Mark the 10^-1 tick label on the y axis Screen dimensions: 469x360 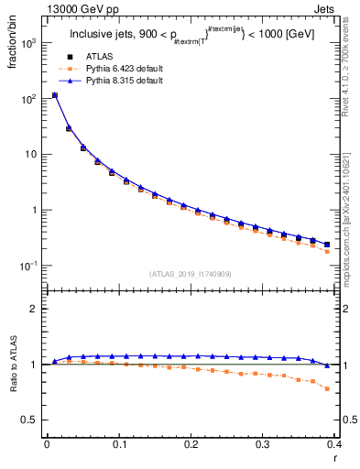(x=27, y=266)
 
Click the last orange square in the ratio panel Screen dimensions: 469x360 (x=327, y=388)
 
